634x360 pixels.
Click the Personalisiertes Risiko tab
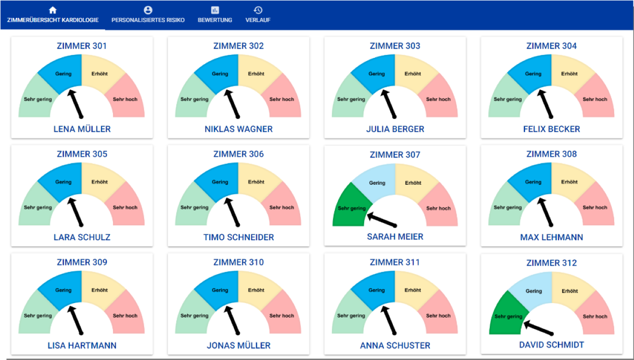(148, 20)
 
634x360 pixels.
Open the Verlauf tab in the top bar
(258, 20)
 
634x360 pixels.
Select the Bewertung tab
(215, 20)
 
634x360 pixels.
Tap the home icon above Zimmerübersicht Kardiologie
(53, 10)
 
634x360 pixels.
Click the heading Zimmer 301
(82, 46)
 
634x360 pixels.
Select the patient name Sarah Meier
(395, 237)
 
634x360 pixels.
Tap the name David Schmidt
(551, 345)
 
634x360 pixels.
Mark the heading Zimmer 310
(238, 262)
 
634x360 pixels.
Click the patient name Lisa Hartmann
(82, 345)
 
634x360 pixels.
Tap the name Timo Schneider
(238, 237)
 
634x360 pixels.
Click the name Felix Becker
(551, 129)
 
